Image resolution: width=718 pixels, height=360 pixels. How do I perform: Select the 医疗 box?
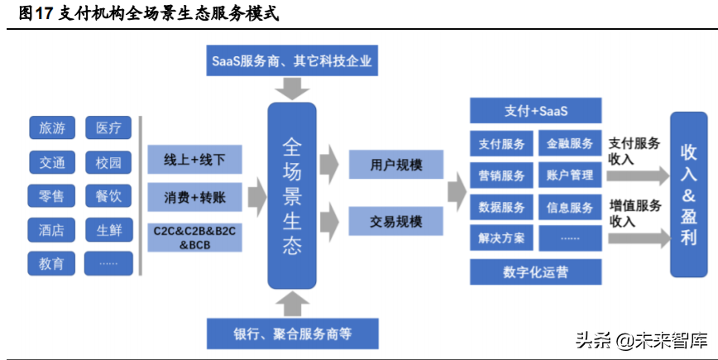pyautogui.click(x=108, y=127)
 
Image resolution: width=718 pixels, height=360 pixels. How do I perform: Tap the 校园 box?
pyautogui.click(x=108, y=161)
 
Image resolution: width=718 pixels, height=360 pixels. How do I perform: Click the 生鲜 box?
pyautogui.click(x=108, y=229)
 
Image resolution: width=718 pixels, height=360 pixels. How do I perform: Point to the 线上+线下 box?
pyautogui.click(x=195, y=159)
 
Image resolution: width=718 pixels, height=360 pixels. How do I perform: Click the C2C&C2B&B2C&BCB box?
pyautogui.click(x=195, y=237)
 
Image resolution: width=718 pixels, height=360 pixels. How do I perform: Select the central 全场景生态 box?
pyautogui.click(x=292, y=195)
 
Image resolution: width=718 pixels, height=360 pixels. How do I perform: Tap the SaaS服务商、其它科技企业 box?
pyautogui.click(x=292, y=61)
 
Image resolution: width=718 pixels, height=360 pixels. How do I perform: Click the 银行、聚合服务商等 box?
pyautogui.click(x=292, y=334)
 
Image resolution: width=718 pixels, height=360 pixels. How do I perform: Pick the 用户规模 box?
pyautogui.click(x=385, y=165)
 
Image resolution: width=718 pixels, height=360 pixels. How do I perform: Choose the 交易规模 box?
pyautogui.click(x=385, y=222)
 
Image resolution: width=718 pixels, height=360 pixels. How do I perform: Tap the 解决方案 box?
pyautogui.click(x=501, y=238)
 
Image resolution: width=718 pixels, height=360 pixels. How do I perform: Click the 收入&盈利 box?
pyautogui.click(x=689, y=195)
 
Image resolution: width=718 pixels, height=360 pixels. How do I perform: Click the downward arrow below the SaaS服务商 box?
pyautogui.click(x=292, y=88)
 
